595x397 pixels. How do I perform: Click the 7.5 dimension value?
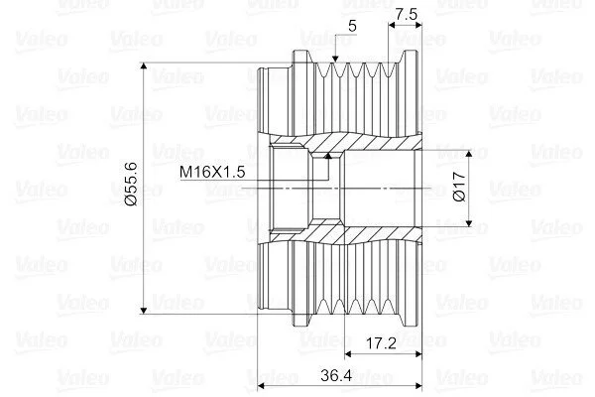(406, 14)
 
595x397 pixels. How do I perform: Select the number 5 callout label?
(352, 26)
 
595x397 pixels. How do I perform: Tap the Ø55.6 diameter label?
(132, 184)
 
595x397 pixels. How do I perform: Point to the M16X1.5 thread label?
(212, 172)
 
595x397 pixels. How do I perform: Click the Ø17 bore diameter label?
(459, 187)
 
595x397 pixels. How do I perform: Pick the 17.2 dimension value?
(381, 343)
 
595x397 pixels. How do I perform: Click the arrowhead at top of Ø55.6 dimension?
(144, 66)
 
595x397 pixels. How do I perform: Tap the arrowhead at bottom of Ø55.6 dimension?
(144, 311)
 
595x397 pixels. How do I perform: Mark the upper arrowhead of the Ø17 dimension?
(469, 153)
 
